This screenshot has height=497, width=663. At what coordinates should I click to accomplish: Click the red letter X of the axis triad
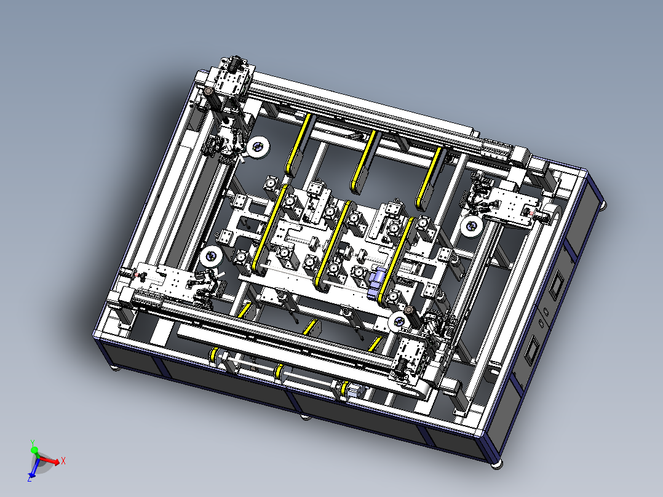point(63,461)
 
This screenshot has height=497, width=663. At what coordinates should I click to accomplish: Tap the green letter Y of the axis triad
point(32,443)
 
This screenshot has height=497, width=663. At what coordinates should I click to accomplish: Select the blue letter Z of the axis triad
point(30,479)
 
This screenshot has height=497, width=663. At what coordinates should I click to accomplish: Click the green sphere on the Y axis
point(34,450)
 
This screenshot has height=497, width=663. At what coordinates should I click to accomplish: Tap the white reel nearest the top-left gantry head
point(258,148)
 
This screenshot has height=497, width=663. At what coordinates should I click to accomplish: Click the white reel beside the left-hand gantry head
point(211,256)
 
